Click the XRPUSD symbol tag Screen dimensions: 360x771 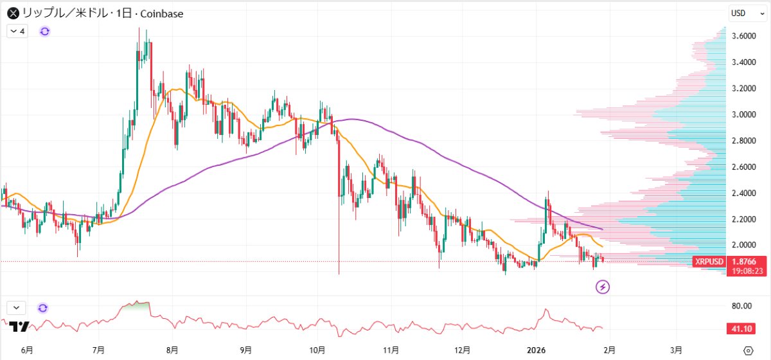click(709, 262)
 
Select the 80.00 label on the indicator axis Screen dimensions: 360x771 click(743, 306)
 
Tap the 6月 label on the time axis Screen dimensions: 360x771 click(26, 350)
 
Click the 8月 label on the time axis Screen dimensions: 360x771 click(172, 350)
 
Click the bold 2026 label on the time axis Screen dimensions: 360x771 click(536, 350)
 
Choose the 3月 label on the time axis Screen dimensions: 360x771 click(676, 350)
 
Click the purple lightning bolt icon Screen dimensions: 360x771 click(603, 287)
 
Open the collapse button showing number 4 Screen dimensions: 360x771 click(18, 31)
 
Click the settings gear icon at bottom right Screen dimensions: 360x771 click(747, 350)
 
